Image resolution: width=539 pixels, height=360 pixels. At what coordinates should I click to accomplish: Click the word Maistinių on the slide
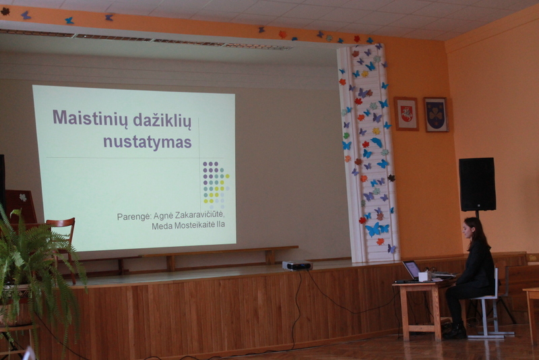(90, 119)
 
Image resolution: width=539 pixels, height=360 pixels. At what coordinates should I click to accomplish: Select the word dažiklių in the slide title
(162, 121)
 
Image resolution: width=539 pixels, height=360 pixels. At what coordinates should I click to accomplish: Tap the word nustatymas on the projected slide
(148, 142)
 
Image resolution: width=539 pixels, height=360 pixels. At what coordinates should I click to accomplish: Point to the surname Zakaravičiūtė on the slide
(189, 215)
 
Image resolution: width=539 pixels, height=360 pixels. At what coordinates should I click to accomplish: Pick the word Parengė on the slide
(133, 217)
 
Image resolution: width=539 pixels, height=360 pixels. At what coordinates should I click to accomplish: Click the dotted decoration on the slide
(216, 185)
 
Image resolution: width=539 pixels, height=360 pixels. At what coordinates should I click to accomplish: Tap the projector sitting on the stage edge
(297, 265)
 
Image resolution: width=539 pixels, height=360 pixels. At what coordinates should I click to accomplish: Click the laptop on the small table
(412, 271)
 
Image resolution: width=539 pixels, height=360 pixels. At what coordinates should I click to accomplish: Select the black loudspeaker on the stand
(477, 184)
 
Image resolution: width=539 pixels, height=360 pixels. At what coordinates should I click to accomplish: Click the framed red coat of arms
(406, 114)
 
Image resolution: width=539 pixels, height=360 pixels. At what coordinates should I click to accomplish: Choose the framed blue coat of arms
(436, 115)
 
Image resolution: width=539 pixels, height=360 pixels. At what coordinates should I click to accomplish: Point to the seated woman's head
(473, 229)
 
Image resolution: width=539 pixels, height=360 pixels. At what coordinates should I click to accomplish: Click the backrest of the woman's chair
(496, 281)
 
